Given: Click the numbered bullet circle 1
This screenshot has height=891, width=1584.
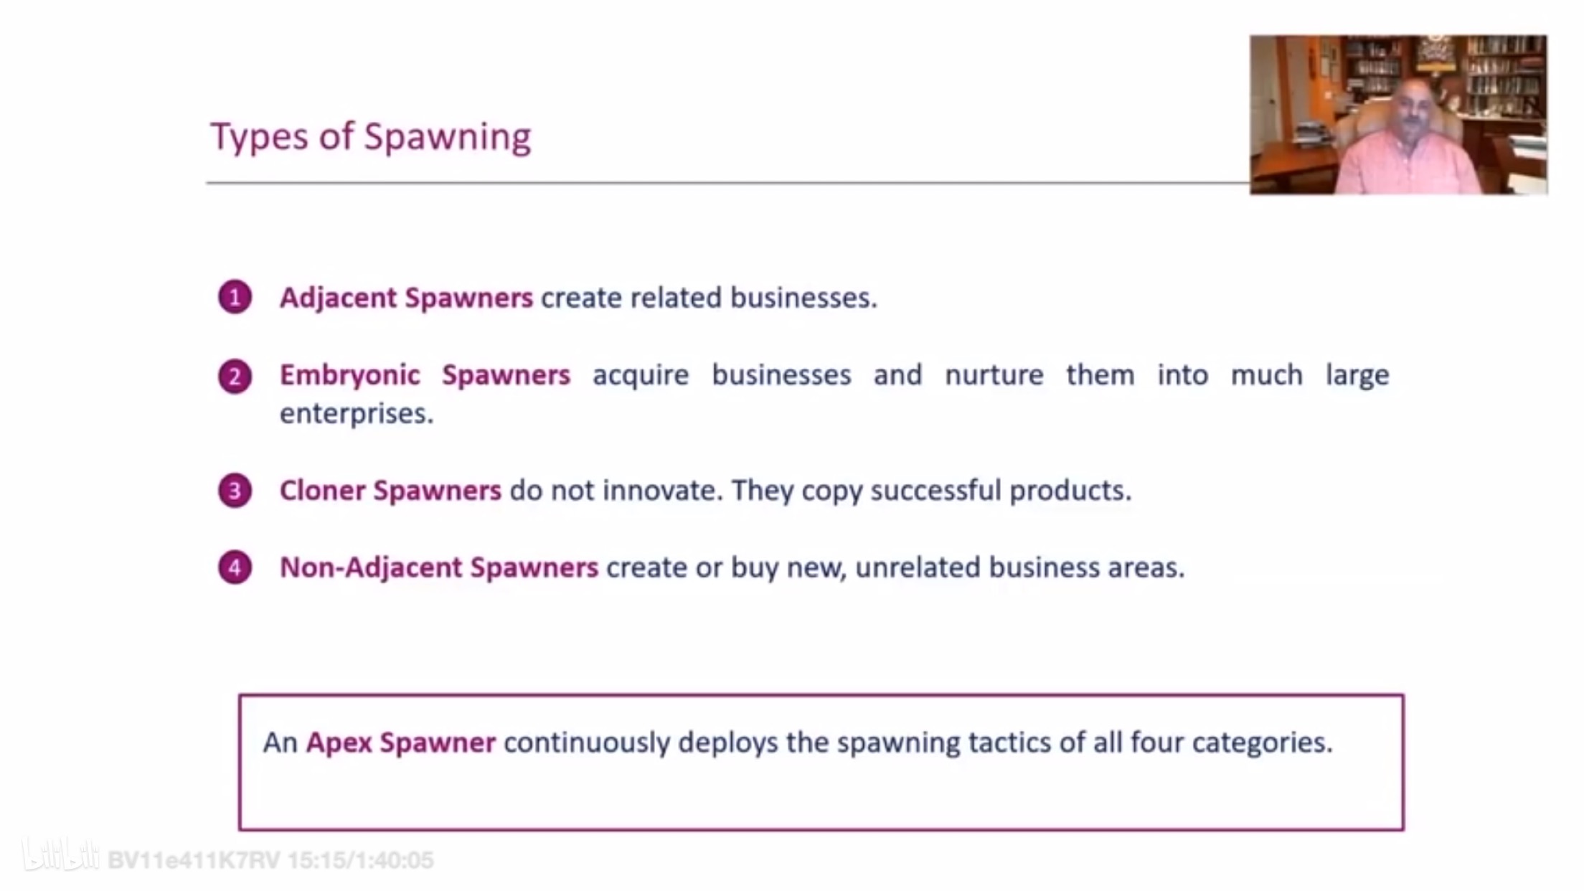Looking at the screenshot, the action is pyautogui.click(x=235, y=297).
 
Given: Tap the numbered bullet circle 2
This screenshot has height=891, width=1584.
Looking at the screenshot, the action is pyautogui.click(x=235, y=376).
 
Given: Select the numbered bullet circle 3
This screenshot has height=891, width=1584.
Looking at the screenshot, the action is pyautogui.click(x=235, y=491).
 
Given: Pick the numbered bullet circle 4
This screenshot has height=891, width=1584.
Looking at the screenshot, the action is pyautogui.click(x=235, y=567).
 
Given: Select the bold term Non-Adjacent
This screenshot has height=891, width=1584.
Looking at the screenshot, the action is pyautogui.click(x=371, y=567).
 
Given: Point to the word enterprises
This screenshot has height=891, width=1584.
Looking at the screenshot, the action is pyautogui.click(x=357, y=414).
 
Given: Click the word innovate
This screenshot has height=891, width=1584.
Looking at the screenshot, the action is pyautogui.click(x=662, y=491).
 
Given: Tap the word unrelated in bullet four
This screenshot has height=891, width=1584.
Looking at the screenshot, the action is pyautogui.click(x=918, y=567).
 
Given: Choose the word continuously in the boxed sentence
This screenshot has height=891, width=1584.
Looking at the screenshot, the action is pyautogui.click(x=587, y=742).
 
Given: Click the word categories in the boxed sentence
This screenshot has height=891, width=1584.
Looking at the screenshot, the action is pyautogui.click(x=1262, y=743).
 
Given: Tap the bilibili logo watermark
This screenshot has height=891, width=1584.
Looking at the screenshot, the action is pyautogui.click(x=60, y=855).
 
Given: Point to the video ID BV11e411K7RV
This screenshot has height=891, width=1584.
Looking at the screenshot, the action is pyautogui.click(x=194, y=860).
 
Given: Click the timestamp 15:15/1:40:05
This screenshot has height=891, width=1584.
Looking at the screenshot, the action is pyautogui.click(x=361, y=860).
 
